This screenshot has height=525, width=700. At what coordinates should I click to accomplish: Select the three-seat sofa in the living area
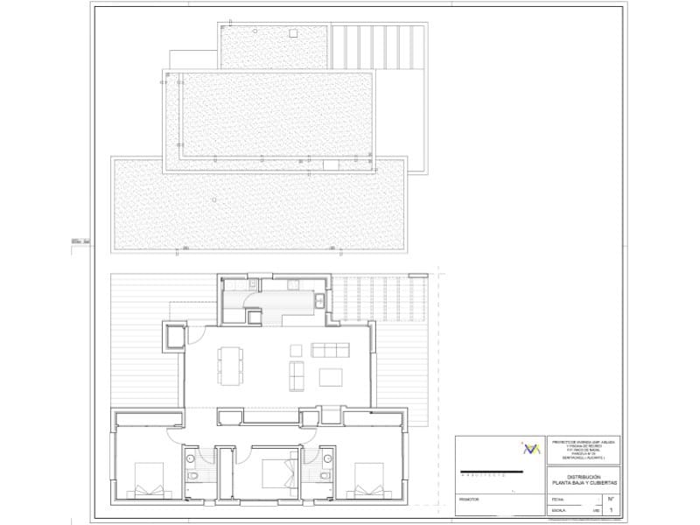(x=331, y=350)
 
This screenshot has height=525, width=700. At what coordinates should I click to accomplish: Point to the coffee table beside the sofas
(x=331, y=377)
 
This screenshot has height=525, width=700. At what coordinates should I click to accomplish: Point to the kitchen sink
(x=318, y=302)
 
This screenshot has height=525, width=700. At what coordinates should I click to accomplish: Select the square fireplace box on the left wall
(x=174, y=336)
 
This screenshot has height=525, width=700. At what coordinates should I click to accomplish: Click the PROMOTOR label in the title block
(x=470, y=501)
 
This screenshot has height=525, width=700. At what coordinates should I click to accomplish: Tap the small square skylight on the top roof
(x=293, y=34)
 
